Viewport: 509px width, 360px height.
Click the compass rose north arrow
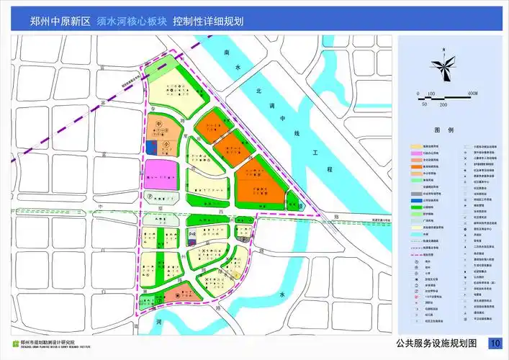click(445, 66)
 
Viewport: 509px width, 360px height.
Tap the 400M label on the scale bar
click(473, 94)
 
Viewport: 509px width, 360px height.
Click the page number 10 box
click(495, 342)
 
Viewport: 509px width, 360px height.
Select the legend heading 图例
click(444, 131)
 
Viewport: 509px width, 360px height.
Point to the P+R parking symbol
click(192, 235)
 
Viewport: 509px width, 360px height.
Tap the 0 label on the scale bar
click(418, 94)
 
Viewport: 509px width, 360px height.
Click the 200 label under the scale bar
click(443, 104)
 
